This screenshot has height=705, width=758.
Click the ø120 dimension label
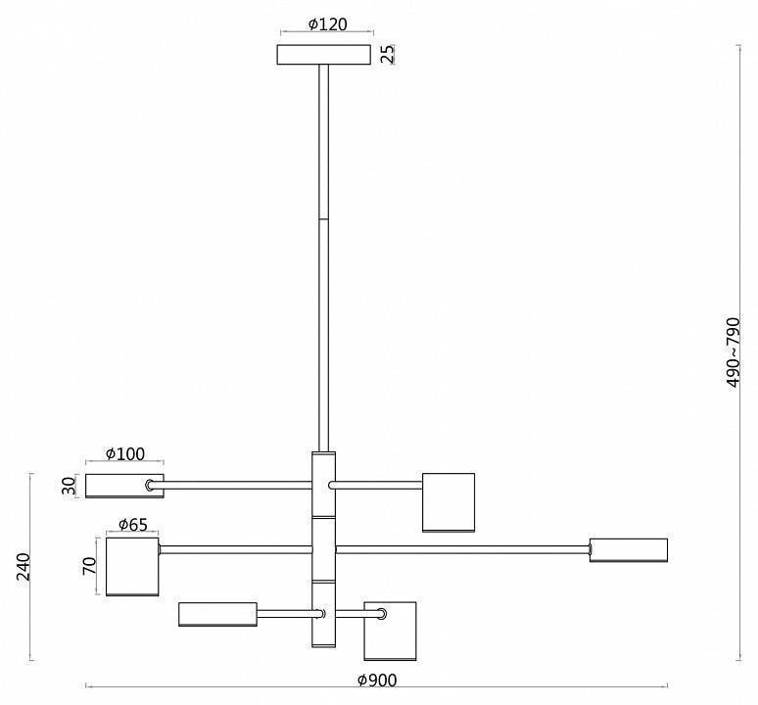[328, 24]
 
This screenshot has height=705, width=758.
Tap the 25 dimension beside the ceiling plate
[388, 54]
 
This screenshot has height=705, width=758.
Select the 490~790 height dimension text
[734, 352]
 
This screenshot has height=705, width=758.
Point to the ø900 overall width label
[377, 681]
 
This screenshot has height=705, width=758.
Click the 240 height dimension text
[24, 566]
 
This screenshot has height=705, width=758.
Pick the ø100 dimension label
[125, 454]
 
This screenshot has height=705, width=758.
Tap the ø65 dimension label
[133, 525]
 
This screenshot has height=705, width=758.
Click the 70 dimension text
[89, 566]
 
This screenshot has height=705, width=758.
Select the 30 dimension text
[70, 486]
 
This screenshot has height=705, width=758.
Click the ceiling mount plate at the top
[324, 55]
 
